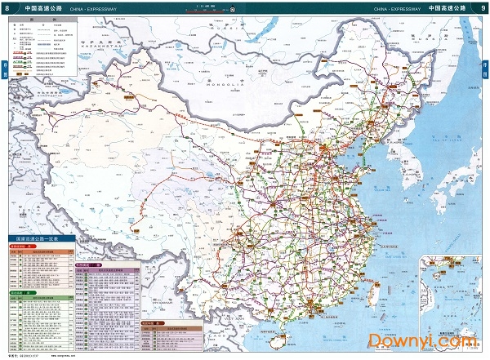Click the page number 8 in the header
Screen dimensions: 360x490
7,8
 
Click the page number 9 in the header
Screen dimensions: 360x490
483,8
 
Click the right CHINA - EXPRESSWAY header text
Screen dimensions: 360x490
397,9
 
